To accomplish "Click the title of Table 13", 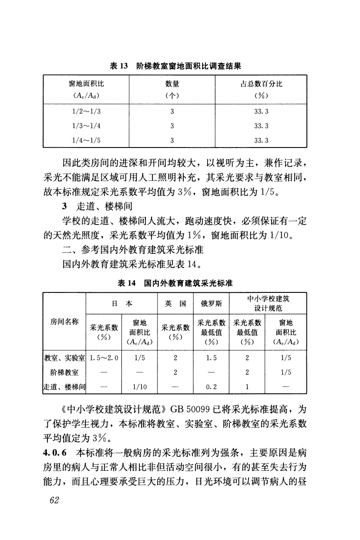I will point(175,66).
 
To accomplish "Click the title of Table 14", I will point(175,283).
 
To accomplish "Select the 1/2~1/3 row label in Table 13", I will point(86,111).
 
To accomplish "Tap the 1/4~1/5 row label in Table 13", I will point(86,140).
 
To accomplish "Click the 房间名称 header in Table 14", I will point(64,322).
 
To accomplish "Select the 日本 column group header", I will point(122,304).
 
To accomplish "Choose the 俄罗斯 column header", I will point(211,304).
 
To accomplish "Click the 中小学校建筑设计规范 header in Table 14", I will point(268,304).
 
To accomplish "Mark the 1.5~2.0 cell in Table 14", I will point(104,358).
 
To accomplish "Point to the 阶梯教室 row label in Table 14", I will point(64,372).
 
